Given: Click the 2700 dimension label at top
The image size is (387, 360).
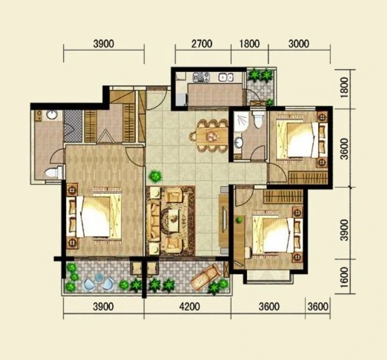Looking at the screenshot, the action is point(202,44).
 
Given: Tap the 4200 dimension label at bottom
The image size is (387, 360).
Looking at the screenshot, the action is point(190,307).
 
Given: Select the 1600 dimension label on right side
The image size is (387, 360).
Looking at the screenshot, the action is point(344,277).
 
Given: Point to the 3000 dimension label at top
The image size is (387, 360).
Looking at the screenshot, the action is point(298,44).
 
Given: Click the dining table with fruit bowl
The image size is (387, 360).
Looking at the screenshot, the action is point(212,136).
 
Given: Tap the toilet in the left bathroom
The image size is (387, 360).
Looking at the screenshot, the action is point(54,172).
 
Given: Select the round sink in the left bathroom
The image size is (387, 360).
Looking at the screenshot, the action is point(52,114).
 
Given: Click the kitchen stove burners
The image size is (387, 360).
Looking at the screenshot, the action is point(201,77).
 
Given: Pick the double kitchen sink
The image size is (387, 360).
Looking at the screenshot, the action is point(225,77).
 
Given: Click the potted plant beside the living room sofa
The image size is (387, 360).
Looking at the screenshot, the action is point(155,176).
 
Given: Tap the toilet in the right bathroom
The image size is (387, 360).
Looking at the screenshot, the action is point(258,119).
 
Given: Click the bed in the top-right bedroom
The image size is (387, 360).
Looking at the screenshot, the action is point(301,139).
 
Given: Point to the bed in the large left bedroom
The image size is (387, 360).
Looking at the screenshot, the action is point(94,217).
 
